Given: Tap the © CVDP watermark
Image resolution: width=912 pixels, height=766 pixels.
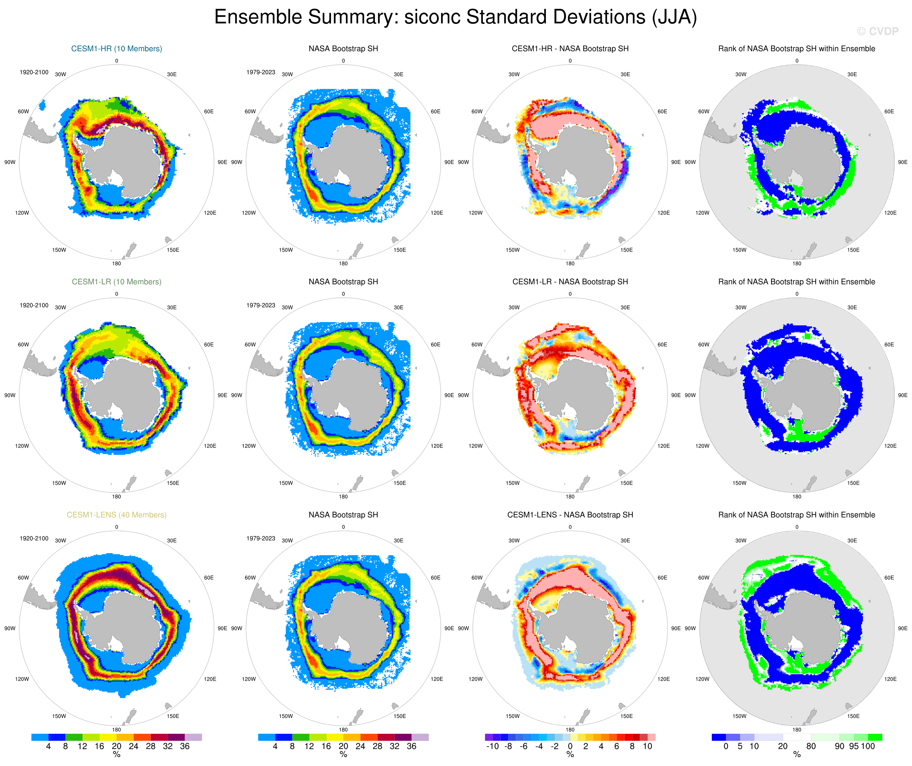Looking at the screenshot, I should point(877,31).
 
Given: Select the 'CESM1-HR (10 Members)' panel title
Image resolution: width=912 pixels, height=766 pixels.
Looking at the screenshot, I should point(116,49).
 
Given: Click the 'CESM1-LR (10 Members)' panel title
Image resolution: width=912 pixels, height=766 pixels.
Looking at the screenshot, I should point(116,282).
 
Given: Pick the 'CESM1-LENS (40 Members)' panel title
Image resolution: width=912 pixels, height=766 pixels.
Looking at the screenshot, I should point(116,515).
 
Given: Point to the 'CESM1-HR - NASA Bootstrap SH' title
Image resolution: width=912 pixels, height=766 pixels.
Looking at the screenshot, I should point(570,49).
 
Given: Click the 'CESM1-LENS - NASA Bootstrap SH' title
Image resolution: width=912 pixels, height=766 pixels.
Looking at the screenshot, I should point(570,515).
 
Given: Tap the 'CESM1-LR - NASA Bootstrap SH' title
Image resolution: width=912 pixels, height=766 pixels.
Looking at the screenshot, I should point(570,282).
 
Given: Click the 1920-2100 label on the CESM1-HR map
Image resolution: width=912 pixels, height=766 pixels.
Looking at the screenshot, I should point(34,72).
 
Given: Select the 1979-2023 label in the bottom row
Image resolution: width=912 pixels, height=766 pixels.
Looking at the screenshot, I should point(260,538).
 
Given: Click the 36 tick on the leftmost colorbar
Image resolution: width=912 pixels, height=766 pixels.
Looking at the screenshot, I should point(185,746).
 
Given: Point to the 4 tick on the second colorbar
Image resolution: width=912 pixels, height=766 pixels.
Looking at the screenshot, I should point(275,746).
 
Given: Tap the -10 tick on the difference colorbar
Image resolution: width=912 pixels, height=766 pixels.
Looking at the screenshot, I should point(492,746).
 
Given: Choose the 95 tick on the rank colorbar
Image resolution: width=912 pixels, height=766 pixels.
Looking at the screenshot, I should point(854,746).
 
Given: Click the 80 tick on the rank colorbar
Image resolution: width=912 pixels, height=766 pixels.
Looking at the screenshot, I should point(811,746).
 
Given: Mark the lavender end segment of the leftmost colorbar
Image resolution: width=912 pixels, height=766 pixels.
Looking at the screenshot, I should point(193,737).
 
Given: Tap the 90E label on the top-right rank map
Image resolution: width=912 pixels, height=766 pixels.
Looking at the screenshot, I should point(902,162).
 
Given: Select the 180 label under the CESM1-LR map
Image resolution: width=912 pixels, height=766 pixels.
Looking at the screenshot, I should point(116,497).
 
